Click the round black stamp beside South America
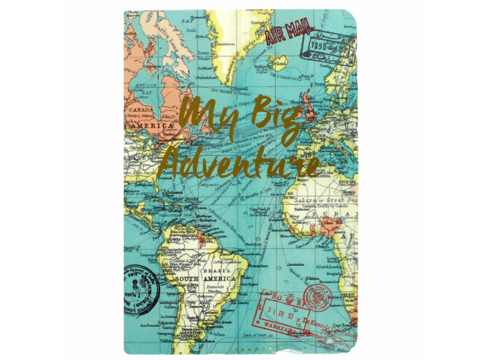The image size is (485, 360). pos(143,288)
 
